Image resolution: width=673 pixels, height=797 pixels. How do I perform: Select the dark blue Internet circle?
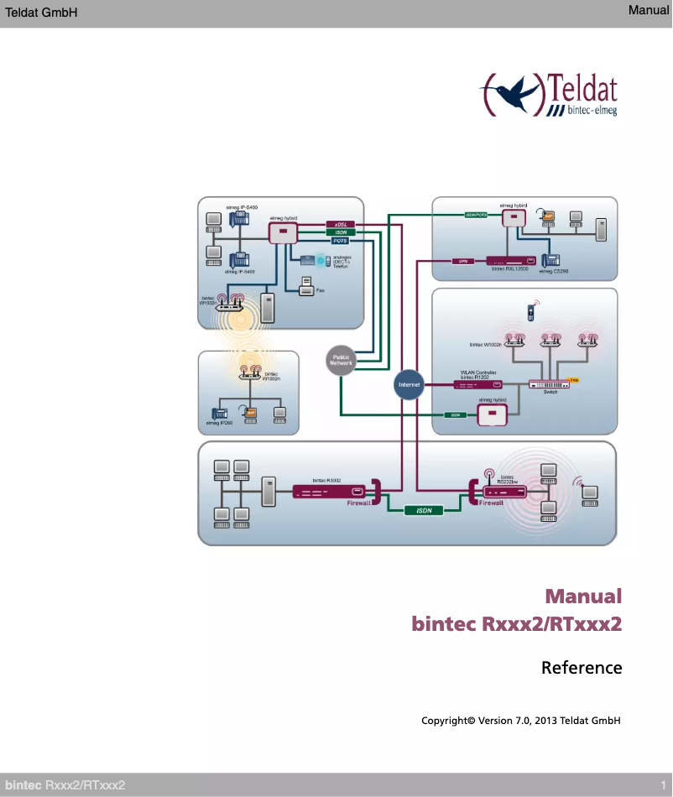(409, 384)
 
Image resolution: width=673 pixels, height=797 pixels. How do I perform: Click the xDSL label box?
(341, 224)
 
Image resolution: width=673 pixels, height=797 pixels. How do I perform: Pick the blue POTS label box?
(341, 241)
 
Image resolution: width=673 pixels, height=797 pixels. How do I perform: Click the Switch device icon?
(549, 384)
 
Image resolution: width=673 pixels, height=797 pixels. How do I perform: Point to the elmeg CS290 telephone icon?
(551, 260)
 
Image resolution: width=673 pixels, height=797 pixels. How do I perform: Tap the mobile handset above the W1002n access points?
(530, 313)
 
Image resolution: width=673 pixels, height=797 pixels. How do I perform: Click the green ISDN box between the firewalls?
(424, 509)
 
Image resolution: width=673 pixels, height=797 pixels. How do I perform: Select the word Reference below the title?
(582, 668)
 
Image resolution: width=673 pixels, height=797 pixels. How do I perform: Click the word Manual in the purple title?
(583, 596)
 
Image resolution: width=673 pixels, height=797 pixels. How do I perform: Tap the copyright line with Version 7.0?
(520, 721)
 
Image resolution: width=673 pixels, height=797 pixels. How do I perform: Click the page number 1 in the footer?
(662, 784)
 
